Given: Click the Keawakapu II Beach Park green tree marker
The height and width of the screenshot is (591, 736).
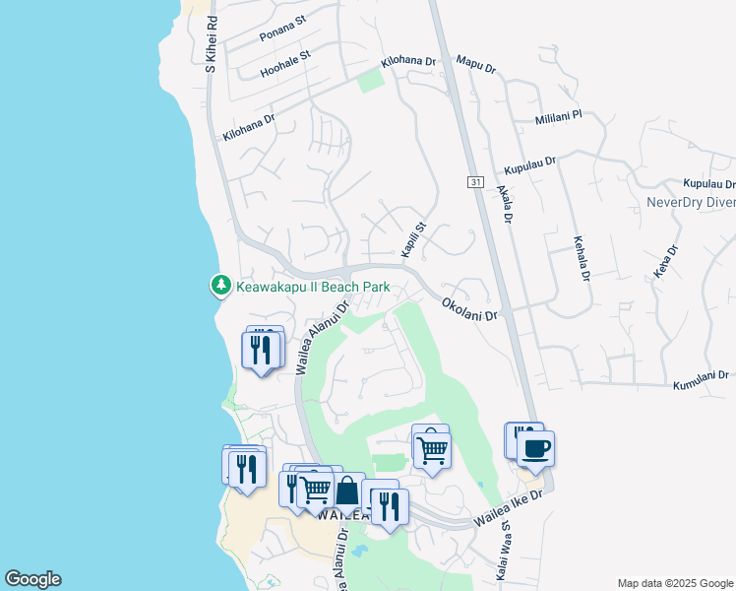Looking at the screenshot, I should (x=221, y=286).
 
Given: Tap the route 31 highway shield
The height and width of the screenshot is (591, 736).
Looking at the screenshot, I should (x=475, y=182).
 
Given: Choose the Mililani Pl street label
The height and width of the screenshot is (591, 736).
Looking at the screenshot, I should (x=559, y=116).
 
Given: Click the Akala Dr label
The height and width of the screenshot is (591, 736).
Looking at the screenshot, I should (x=506, y=205).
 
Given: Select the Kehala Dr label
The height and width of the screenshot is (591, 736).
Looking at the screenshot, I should (x=581, y=258).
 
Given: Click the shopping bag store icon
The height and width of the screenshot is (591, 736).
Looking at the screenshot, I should (x=348, y=490).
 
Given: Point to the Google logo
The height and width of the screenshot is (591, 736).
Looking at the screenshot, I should (x=32, y=579).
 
